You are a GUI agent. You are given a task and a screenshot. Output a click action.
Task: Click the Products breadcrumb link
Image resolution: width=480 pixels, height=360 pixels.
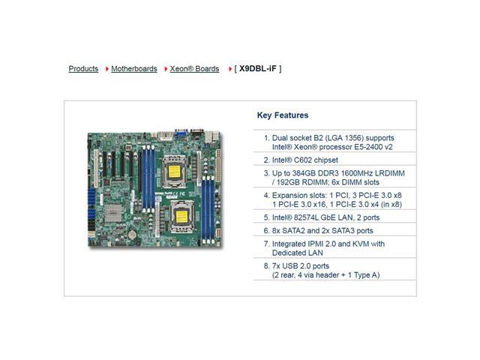point(83,69)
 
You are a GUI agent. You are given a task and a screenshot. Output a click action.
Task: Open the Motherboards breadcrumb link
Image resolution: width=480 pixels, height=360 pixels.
point(134,69)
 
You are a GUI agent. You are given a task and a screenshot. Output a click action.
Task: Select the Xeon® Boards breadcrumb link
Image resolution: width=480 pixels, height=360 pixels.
point(194,69)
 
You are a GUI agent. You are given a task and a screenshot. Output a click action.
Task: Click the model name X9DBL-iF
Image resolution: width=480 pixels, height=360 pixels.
point(258,68)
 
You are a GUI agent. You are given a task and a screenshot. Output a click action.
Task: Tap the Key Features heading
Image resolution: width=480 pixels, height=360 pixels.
point(283,115)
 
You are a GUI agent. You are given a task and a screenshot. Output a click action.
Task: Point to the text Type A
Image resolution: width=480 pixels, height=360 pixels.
point(367,275)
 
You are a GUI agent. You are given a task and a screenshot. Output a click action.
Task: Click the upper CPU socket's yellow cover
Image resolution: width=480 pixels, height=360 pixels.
point(175,172)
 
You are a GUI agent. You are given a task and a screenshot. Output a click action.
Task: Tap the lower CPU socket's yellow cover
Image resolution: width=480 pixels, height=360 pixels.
point(181,217)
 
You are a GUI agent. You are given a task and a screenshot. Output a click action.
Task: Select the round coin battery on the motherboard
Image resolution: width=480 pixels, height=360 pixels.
point(132,235)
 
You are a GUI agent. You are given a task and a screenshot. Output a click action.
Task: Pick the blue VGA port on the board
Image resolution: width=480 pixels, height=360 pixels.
point(181,134)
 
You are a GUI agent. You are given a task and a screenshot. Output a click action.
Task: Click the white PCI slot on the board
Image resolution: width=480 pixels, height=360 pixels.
point(96,168)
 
